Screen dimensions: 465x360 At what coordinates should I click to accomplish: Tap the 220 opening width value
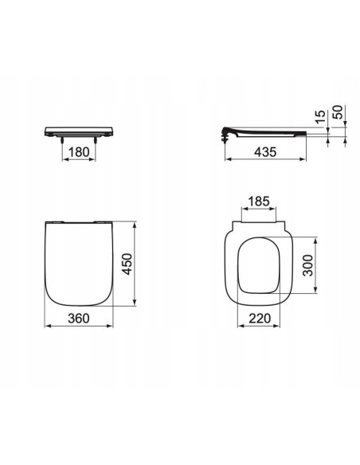click(260, 317)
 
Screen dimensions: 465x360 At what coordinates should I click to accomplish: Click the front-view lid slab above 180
click(78, 130)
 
